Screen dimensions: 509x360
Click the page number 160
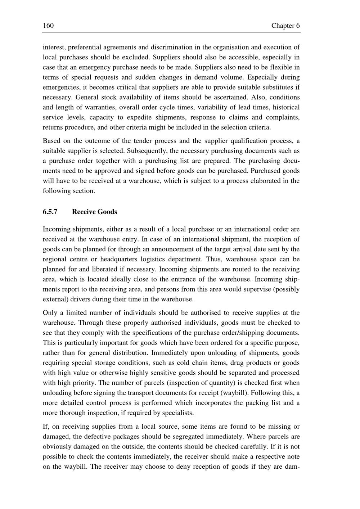[48, 26]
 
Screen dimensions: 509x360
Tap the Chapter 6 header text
[285, 26]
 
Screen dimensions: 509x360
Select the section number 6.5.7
[50, 212]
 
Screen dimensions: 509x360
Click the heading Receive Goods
[94, 212]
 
